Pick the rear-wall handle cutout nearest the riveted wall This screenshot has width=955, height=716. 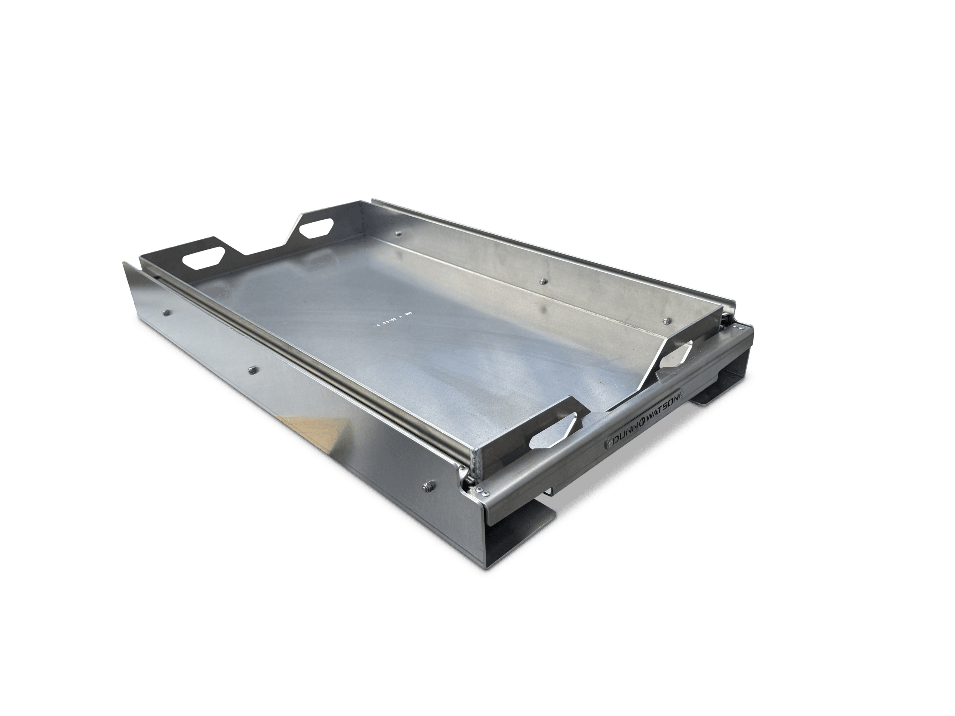pos(316,230)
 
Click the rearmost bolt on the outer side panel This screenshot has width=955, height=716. pos(166,312)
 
